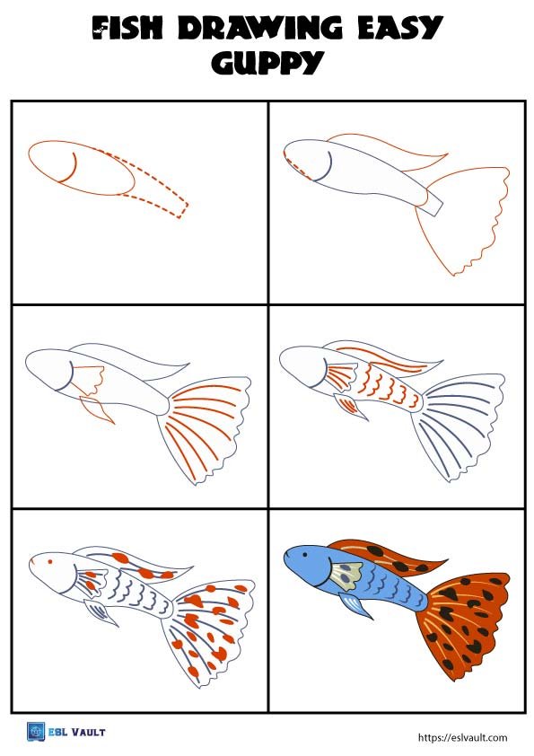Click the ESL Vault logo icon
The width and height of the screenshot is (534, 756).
[35, 732]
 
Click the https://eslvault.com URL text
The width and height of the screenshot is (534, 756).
[462, 737]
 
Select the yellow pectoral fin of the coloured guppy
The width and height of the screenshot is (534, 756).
[345, 573]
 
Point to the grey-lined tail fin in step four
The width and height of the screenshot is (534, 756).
[462, 422]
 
